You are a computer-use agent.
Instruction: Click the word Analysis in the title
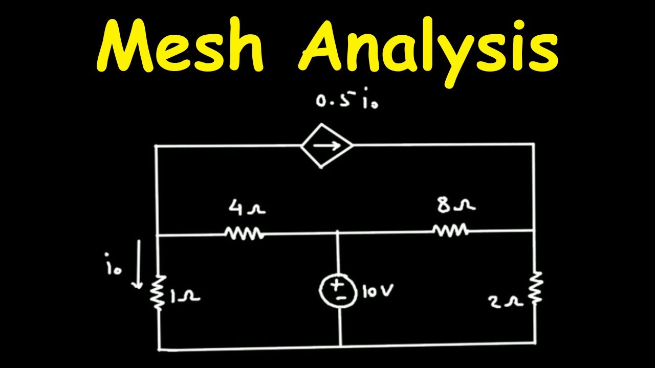pyautogui.click(x=428, y=50)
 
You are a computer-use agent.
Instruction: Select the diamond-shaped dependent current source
pyautogui.click(x=327, y=146)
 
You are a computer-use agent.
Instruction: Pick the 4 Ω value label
pyautogui.click(x=247, y=208)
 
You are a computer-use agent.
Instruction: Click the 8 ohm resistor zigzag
pyautogui.click(x=450, y=230)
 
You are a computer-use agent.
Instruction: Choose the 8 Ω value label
pyautogui.click(x=456, y=205)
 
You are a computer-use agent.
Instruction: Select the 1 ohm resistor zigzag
pyautogui.click(x=159, y=292)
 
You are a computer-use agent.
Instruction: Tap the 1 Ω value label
pyautogui.click(x=185, y=297)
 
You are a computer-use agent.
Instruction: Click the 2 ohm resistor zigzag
pyautogui.click(x=536, y=288)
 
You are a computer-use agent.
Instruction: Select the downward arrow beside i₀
pyautogui.click(x=139, y=264)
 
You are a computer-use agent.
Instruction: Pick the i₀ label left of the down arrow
pyautogui.click(x=113, y=264)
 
